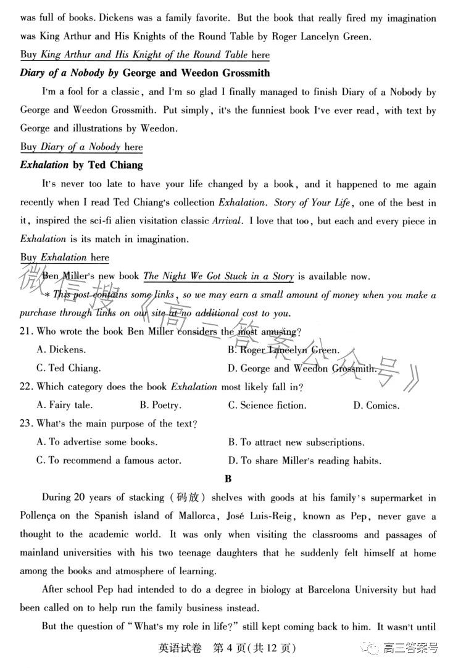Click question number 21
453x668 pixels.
coord(26,332)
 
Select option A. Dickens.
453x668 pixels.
coord(61,350)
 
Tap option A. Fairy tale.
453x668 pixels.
coord(65,406)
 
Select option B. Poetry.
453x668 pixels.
coord(160,406)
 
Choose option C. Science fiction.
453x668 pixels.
coord(267,406)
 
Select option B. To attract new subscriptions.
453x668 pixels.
coord(296,442)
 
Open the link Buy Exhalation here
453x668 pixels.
coord(65,257)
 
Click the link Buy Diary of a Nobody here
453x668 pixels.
coord(81,147)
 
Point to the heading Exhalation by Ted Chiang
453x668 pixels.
coord(81,165)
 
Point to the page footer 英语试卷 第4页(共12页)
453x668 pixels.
coord(226,648)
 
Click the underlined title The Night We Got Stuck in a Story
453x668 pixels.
coord(218,276)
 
